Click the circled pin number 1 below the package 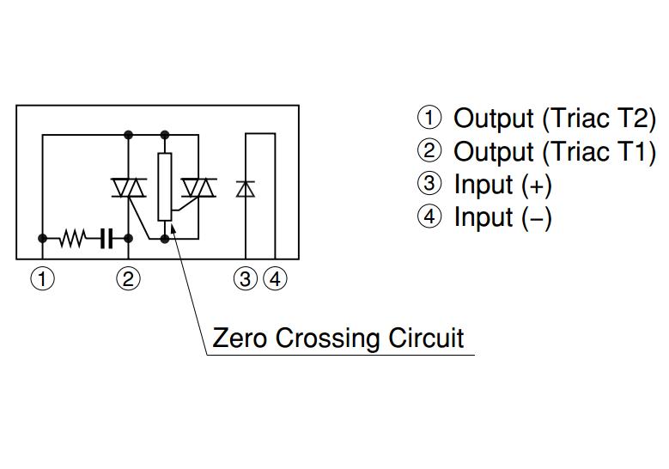point(42,279)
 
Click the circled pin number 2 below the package point(128,279)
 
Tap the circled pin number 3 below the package point(246,279)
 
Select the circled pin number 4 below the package point(275,279)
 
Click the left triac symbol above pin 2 point(129,187)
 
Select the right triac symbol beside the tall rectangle point(201,187)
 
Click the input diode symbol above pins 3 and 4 point(246,188)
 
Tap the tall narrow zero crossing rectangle point(165,186)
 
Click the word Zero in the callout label point(240,338)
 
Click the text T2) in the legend point(637,118)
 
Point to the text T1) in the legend point(637,151)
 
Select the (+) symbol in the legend point(537,185)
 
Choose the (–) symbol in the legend point(537,218)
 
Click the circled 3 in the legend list point(429,184)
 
